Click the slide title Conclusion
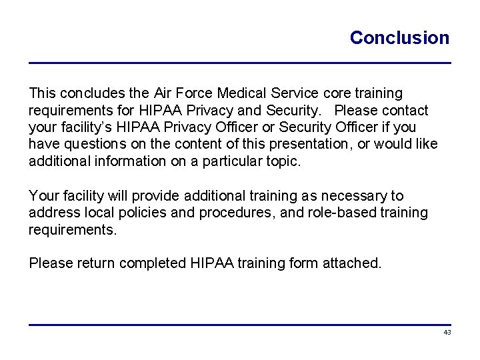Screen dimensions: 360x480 click(399, 38)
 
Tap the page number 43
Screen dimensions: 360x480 click(447, 332)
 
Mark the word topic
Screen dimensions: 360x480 click(284, 161)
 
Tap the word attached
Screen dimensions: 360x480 click(351, 263)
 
